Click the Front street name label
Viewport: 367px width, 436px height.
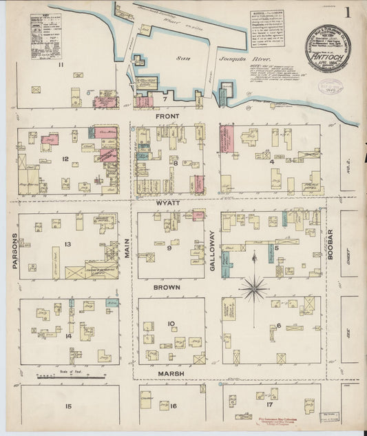coord(167,117)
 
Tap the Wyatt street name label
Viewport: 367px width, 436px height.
coord(168,204)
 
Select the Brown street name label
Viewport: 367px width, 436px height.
coord(167,287)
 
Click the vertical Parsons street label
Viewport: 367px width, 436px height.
coord(14,253)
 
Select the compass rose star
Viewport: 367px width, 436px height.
coord(254,287)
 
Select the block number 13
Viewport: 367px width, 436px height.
coord(67,245)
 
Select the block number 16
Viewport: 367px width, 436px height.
coord(174,406)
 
